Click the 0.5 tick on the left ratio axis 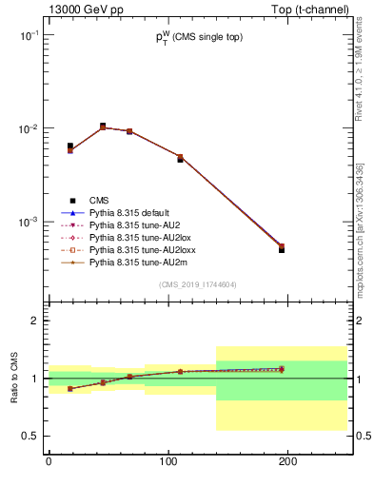point(29,436)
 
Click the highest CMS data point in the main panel point(103,126)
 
